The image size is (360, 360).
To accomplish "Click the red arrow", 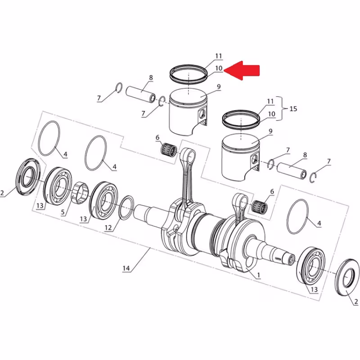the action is tap(242, 71).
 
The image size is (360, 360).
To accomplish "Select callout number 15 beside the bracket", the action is tap(293, 108).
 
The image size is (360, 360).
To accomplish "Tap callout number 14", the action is tap(126, 268).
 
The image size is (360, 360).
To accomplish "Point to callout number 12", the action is tap(108, 228).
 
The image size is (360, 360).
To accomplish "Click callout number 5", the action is tap(63, 212).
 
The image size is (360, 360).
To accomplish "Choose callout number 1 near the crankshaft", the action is tap(258, 275).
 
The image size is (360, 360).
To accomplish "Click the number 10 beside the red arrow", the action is tap(219, 68).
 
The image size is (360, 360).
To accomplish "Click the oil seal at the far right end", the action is tap(347, 277).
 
